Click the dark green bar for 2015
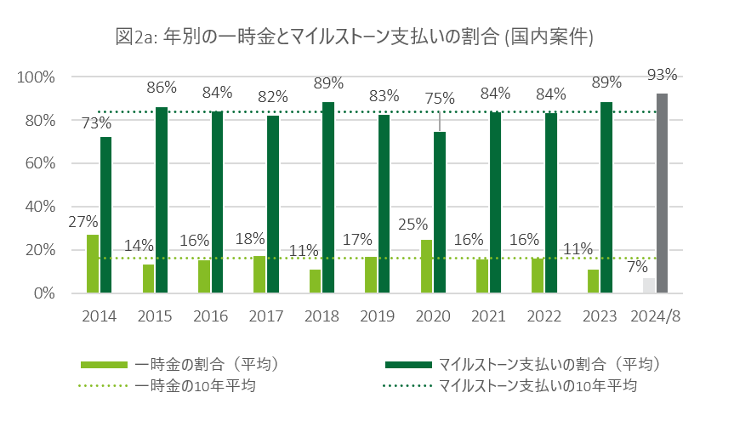point(162,200)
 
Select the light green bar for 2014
point(93,264)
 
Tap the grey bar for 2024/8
point(662,193)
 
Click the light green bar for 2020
point(426,266)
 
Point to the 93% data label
point(662,75)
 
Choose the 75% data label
point(440,99)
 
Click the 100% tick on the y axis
point(37,77)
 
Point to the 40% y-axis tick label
point(40,207)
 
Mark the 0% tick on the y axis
point(44,293)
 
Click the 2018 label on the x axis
point(321,316)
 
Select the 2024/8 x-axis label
point(655,316)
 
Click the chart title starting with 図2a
point(354,37)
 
